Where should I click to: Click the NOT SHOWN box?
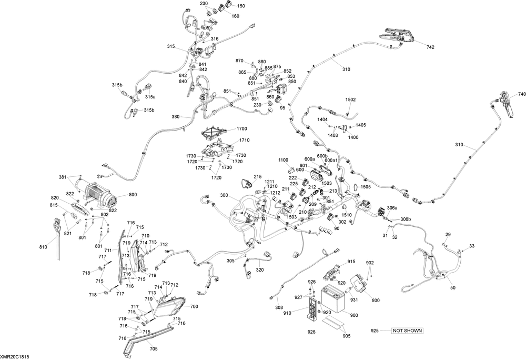click(407, 331)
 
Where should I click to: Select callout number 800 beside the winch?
click(133, 195)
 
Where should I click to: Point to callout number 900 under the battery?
click(353, 315)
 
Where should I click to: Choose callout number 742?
click(430, 47)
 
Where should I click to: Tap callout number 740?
click(522, 94)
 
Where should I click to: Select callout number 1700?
click(242, 129)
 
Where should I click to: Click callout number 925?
click(375, 331)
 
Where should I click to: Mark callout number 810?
click(43, 247)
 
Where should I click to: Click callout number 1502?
click(351, 100)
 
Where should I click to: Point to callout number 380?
click(176, 117)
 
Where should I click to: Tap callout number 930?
click(376, 301)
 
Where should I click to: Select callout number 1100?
click(284, 159)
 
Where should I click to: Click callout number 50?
click(452, 288)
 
